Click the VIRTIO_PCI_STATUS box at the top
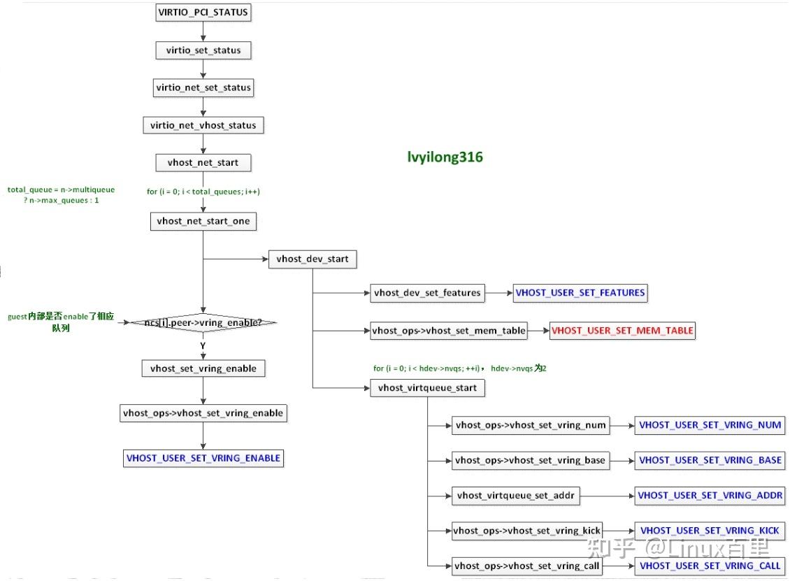coord(203,12)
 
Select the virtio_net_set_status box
coord(203,88)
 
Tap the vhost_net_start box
coord(203,163)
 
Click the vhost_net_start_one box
coord(203,221)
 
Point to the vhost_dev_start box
coord(312,259)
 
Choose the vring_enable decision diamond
coord(203,322)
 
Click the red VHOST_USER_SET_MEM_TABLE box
coord(622,331)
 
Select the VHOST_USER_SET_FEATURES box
coord(580,293)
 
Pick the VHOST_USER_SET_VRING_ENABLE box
coord(203,459)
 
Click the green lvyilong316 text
coord(445,157)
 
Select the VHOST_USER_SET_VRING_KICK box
coord(709,531)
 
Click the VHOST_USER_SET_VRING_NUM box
coord(710,424)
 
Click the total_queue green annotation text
coord(62,195)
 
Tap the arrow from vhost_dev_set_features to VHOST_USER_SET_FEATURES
coord(499,293)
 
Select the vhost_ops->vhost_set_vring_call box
coord(526,566)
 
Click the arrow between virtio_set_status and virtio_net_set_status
coord(203,69)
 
